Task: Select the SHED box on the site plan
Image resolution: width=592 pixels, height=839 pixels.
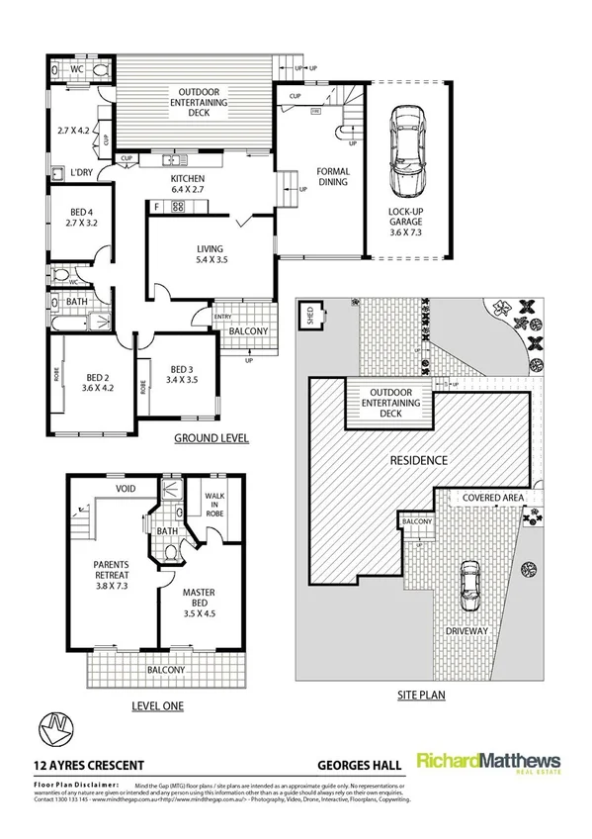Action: (x=310, y=315)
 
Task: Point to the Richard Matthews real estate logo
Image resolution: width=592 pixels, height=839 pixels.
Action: (x=488, y=763)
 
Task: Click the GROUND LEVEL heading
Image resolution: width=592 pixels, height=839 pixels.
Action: (x=211, y=437)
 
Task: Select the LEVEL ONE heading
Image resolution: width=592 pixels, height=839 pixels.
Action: (x=157, y=705)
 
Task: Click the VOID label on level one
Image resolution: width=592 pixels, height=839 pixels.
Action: (x=125, y=488)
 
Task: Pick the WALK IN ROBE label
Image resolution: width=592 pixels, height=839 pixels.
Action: (x=215, y=505)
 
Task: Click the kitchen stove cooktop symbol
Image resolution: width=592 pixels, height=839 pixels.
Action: (x=179, y=206)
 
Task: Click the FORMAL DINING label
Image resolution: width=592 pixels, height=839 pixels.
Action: (x=333, y=176)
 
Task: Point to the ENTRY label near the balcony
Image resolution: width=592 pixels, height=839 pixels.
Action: (x=222, y=316)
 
